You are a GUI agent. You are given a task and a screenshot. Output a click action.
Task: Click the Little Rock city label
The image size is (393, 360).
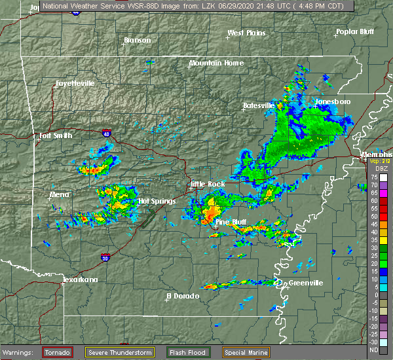click(x=208, y=184)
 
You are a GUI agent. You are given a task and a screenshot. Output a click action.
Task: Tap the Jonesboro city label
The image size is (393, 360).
click(x=333, y=101)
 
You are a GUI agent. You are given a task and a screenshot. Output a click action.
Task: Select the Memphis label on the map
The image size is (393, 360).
click(x=376, y=154)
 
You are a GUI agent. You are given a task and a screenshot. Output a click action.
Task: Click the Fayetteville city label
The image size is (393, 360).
click(x=75, y=83)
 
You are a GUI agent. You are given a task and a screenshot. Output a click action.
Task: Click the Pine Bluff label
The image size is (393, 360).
click(x=231, y=223)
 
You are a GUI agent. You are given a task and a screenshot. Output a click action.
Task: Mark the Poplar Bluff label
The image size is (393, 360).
click(x=354, y=31)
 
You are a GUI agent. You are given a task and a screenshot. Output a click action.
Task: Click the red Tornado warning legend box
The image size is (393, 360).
click(x=58, y=353)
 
